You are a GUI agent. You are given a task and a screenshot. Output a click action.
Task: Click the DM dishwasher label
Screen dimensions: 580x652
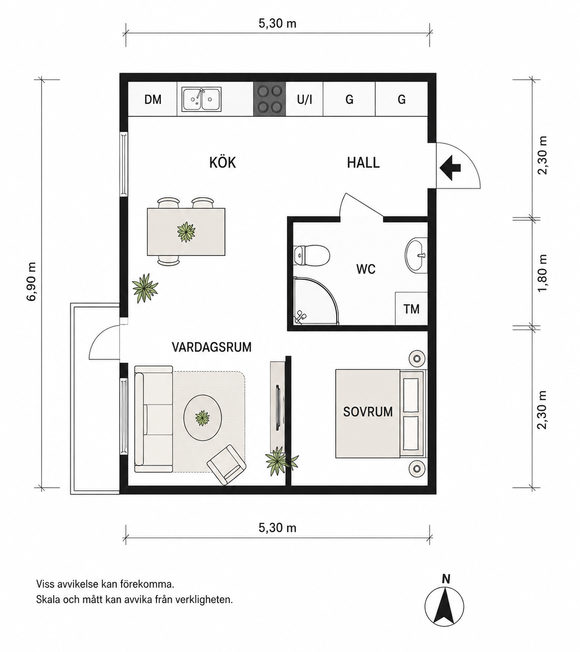(x=153, y=100)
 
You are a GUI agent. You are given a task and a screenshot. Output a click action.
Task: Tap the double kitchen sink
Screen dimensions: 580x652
(x=202, y=99)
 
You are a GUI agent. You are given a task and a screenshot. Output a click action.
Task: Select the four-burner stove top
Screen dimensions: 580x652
(x=270, y=99)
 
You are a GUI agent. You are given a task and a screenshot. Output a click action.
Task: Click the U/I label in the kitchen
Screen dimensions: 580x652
(x=304, y=100)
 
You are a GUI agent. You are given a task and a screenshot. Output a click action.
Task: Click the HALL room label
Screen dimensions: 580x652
(x=363, y=162)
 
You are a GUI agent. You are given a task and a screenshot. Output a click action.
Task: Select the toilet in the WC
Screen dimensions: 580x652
(x=312, y=256)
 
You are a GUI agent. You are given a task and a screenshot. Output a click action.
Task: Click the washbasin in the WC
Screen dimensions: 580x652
(x=416, y=255)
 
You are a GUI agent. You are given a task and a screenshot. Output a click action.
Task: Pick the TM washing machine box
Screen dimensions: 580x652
(x=411, y=309)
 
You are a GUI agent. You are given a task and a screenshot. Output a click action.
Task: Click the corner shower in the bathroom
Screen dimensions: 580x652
(x=316, y=300)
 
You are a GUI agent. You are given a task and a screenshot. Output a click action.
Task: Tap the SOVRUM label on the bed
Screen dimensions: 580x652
(x=368, y=412)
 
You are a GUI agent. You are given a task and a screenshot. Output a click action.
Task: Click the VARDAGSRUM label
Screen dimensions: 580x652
(x=212, y=347)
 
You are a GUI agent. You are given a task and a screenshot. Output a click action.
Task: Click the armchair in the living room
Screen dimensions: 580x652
(x=227, y=465)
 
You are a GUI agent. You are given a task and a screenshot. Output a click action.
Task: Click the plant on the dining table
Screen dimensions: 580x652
(x=186, y=232)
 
